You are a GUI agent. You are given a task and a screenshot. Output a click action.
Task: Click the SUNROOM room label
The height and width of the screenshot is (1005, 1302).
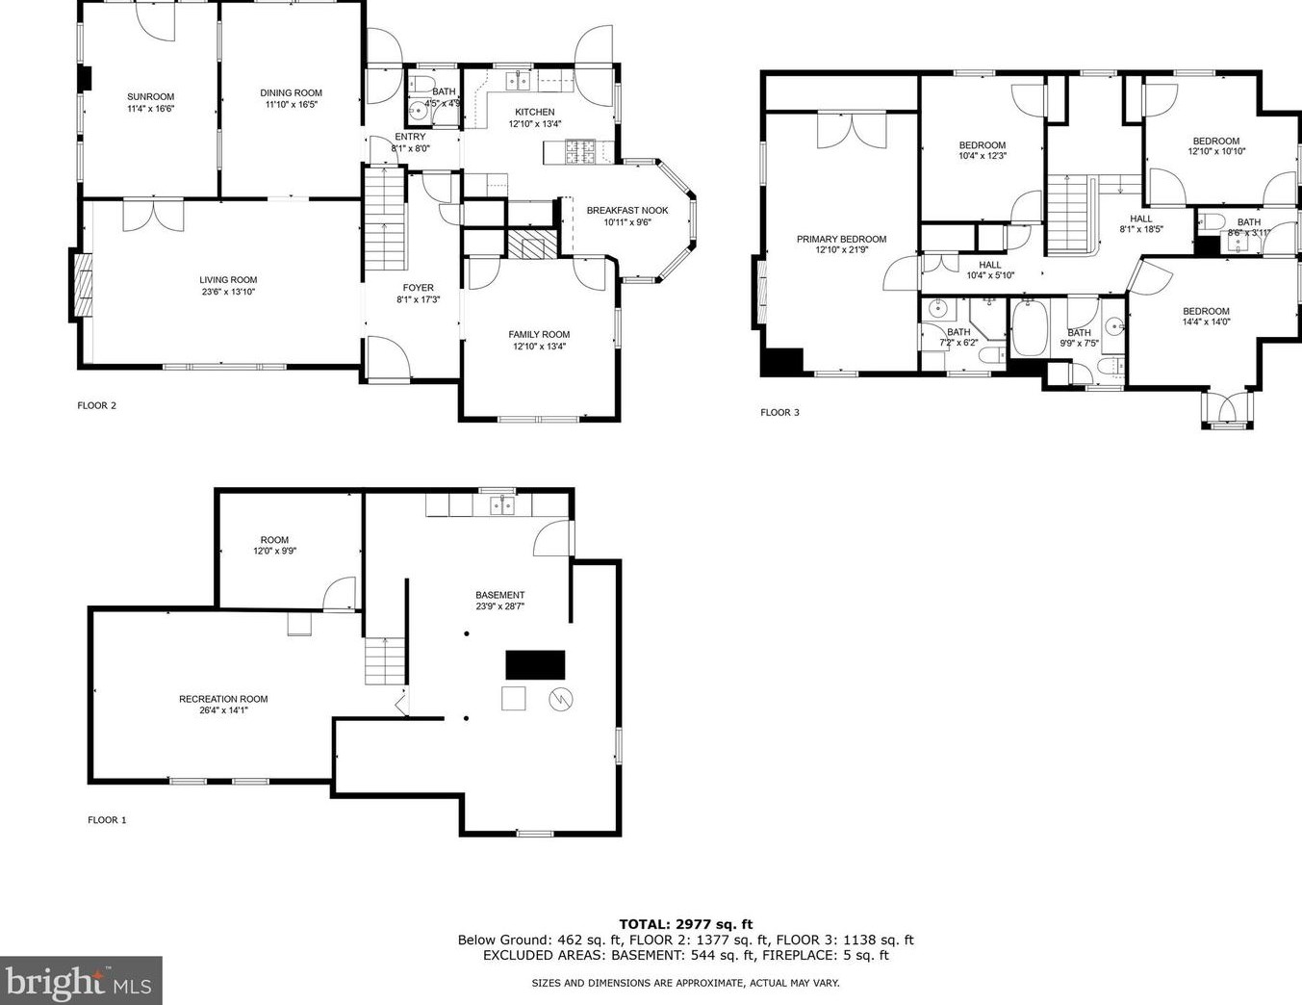tap(150, 96)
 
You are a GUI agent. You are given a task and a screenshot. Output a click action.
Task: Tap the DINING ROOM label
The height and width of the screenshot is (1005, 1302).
tap(291, 92)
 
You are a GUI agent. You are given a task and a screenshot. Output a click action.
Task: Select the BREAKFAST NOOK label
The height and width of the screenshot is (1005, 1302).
tap(627, 211)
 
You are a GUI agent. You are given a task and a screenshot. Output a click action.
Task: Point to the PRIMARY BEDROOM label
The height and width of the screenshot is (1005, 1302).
tap(841, 239)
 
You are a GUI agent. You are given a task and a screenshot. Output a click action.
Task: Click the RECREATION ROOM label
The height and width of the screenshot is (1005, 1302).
tap(223, 699)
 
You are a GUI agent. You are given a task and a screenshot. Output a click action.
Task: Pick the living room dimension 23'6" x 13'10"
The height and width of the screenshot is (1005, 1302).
tap(228, 292)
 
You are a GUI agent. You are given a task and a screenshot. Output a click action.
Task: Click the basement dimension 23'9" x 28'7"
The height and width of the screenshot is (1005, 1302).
tap(500, 606)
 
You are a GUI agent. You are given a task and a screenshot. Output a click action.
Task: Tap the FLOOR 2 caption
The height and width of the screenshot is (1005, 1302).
tap(96, 405)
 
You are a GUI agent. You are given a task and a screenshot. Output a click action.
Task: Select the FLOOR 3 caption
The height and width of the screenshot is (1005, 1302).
tap(779, 412)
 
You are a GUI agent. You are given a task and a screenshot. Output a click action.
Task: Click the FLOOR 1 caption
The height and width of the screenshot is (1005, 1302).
tap(107, 820)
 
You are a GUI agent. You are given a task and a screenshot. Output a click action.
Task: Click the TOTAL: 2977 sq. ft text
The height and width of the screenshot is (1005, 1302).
tap(685, 925)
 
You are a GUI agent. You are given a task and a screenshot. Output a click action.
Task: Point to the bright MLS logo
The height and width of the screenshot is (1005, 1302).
tap(81, 980)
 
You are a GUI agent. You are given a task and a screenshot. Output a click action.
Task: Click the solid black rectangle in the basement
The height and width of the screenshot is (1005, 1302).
tap(536, 664)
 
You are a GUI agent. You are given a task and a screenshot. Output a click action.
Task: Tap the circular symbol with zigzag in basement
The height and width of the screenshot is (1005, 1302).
tap(561, 699)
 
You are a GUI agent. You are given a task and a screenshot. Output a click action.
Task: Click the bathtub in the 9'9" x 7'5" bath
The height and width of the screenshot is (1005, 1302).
tap(1030, 328)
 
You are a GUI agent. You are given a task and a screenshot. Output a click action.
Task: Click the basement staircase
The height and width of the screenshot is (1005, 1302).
tap(386, 661)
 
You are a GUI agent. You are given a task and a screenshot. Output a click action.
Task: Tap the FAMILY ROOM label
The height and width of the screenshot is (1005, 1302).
tap(539, 334)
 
